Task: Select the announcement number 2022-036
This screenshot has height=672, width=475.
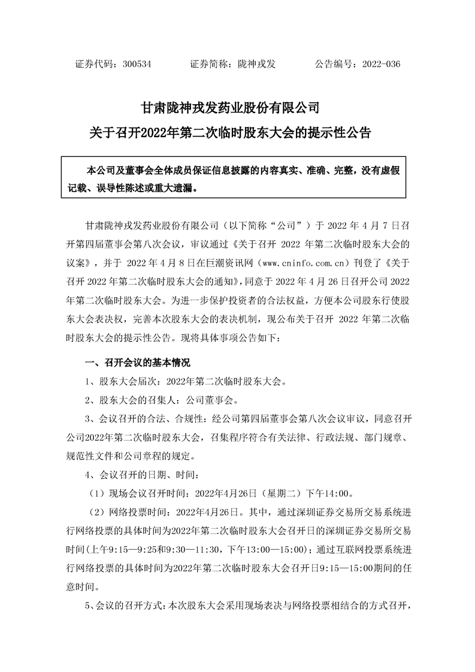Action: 378,63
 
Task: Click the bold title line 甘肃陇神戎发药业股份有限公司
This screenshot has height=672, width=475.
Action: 237,109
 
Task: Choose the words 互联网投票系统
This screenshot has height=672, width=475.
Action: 374,548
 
